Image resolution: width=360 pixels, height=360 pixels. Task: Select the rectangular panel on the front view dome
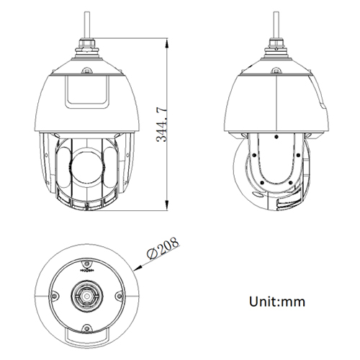(86, 91)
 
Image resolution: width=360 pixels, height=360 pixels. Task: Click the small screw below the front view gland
(86, 70)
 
